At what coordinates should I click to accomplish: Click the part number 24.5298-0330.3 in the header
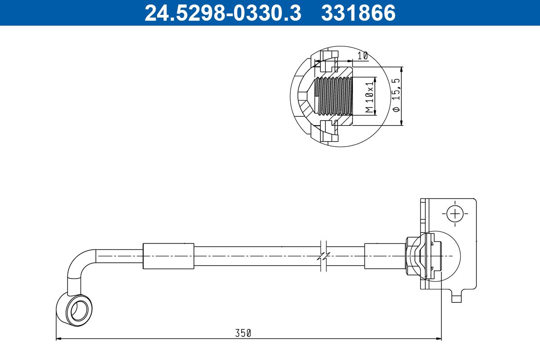pyautogui.click(x=222, y=13)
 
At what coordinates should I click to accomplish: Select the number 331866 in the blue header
pyautogui.click(x=358, y=13)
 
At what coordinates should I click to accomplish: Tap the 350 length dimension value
pyautogui.click(x=243, y=333)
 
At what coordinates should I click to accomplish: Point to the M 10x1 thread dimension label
pyautogui.click(x=369, y=97)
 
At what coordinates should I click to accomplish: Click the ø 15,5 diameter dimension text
pyautogui.click(x=396, y=95)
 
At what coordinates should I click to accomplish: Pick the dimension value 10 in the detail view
pyautogui.click(x=363, y=56)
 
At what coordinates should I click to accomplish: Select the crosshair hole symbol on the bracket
pyautogui.click(x=455, y=213)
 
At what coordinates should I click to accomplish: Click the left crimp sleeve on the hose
pyautogui.click(x=168, y=256)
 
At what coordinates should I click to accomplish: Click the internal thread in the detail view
pyautogui.click(x=333, y=95)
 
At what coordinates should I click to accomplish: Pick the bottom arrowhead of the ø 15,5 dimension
pyautogui.click(x=401, y=123)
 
